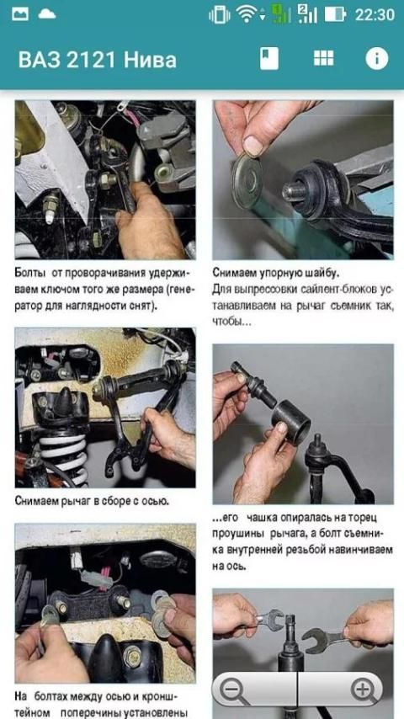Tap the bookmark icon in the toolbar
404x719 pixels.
[x=269, y=59]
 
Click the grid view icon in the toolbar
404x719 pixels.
[x=324, y=58]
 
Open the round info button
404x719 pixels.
[x=377, y=59]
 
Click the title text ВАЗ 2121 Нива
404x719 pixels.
[x=98, y=60]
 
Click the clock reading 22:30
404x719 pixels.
[x=375, y=14]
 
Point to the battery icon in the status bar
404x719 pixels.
[x=335, y=14]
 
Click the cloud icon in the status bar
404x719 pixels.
[x=47, y=14]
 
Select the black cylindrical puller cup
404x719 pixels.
[x=290, y=423]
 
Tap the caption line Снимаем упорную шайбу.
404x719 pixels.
[x=275, y=273]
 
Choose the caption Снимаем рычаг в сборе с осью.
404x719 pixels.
[x=93, y=500]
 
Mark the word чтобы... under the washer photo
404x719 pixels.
[x=228, y=322]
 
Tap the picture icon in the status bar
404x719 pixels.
[x=20, y=14]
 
